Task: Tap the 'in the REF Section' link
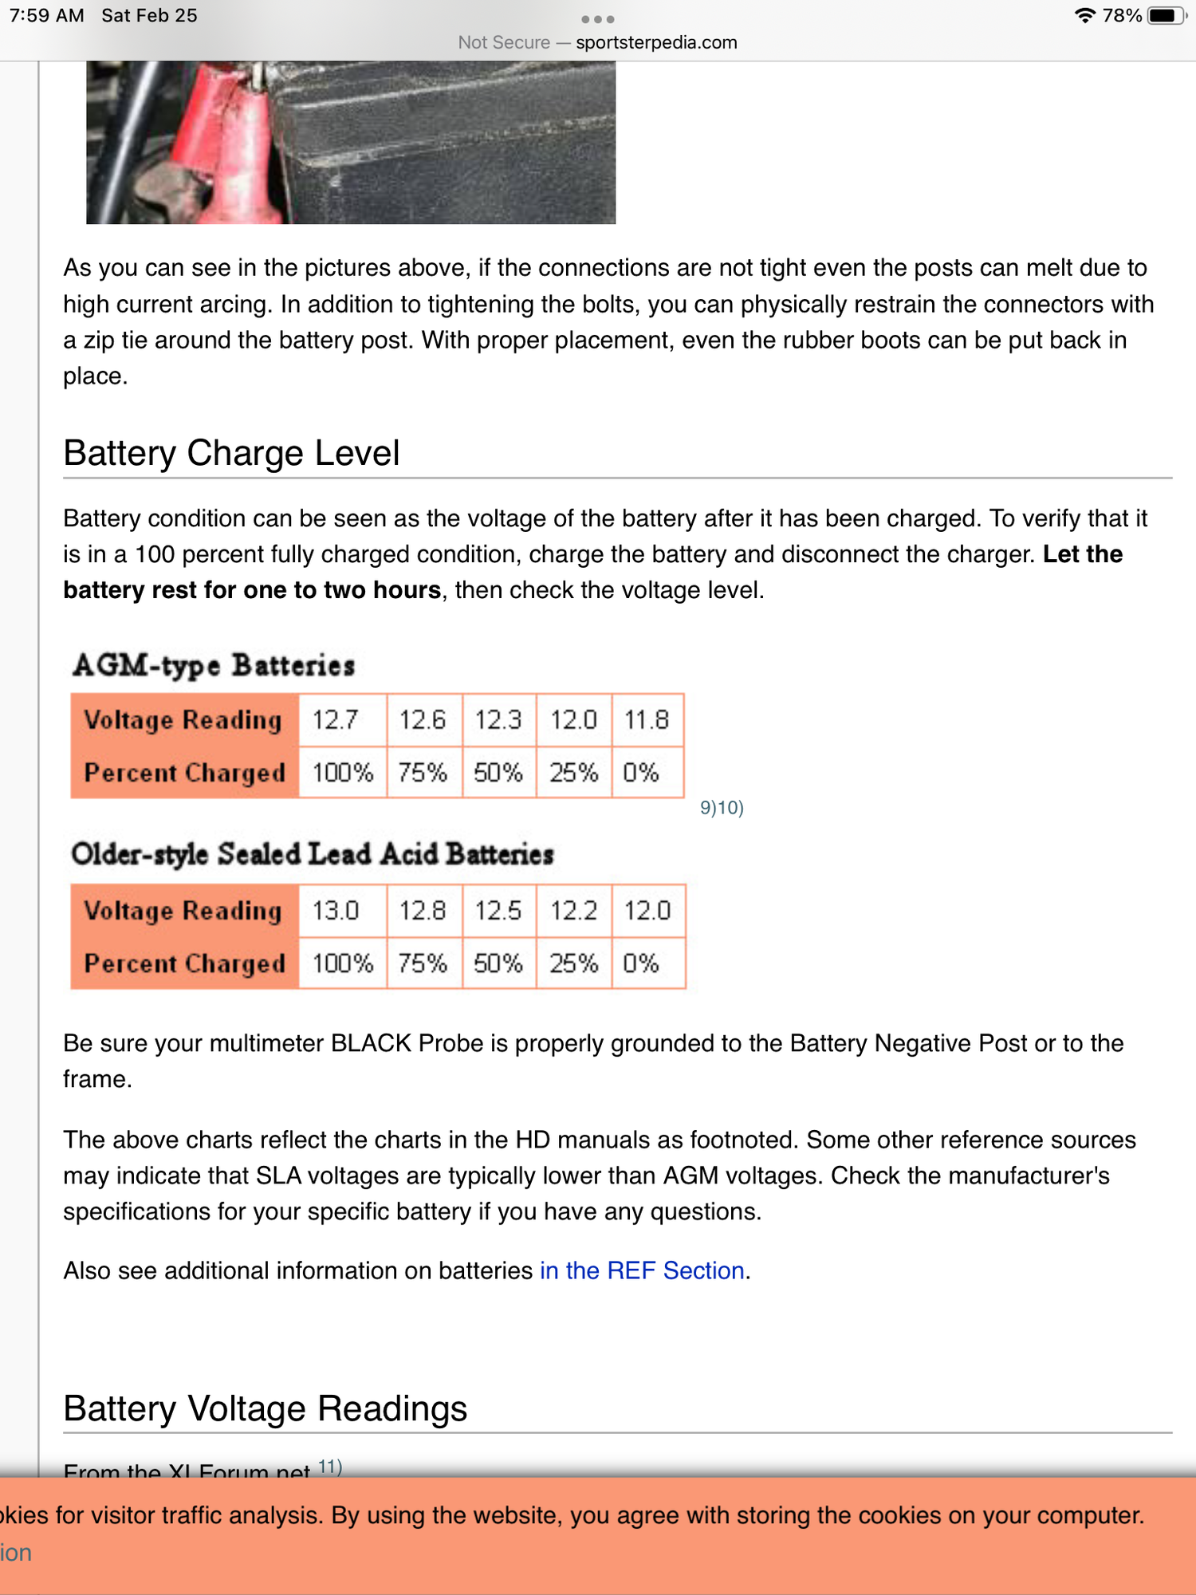click(x=643, y=1270)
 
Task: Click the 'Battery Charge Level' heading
click(x=231, y=453)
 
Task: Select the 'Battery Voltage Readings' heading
click(x=265, y=1408)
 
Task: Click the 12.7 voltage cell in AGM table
click(x=336, y=720)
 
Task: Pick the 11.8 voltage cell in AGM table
click(x=647, y=720)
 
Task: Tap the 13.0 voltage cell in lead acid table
click(x=336, y=911)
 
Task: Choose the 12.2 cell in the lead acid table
click(x=573, y=911)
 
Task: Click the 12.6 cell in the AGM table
click(x=423, y=720)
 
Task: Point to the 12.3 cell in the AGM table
click(x=498, y=720)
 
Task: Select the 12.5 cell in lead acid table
click(x=498, y=911)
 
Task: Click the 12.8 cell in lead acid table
click(x=423, y=911)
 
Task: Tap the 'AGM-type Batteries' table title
click(x=214, y=665)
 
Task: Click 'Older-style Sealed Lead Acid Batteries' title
click(x=313, y=854)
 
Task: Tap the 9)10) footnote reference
click(x=722, y=808)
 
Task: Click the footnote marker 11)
click(x=330, y=1466)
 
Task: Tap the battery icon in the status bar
click(x=1166, y=16)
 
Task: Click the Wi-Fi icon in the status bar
click(x=1084, y=16)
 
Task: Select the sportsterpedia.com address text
click(x=656, y=42)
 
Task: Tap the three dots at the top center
click(x=598, y=19)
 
